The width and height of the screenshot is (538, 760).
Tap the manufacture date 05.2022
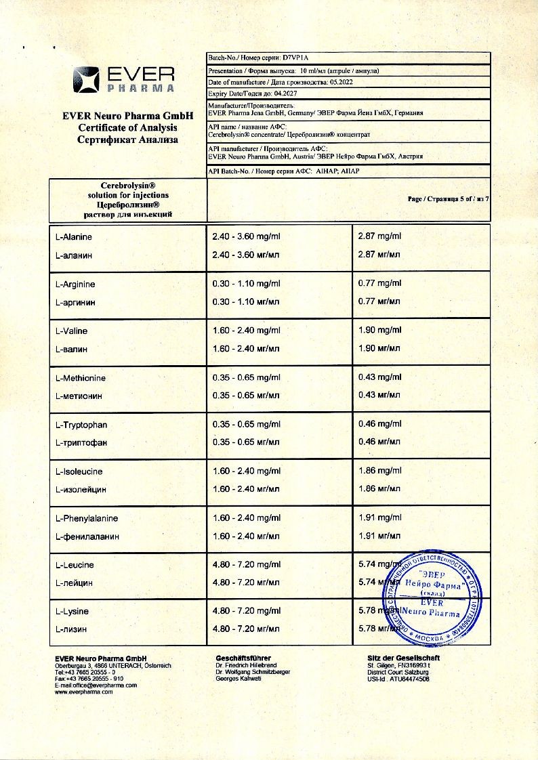coord(342,82)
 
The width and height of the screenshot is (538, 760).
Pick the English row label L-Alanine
coord(73,237)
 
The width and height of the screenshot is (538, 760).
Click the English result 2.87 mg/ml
coord(379,236)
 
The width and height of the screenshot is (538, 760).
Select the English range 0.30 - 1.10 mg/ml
coord(246,284)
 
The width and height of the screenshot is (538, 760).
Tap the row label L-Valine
coord(71,331)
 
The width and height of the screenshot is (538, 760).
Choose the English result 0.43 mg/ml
coord(379,377)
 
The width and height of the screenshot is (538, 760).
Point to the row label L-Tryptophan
coord(81,425)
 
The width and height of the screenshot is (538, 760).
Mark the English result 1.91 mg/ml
coord(379,518)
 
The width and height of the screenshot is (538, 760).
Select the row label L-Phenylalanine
coord(86,518)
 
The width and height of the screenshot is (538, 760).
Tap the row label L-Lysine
coord(72,611)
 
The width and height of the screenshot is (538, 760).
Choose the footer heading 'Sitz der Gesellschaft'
coord(403,658)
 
